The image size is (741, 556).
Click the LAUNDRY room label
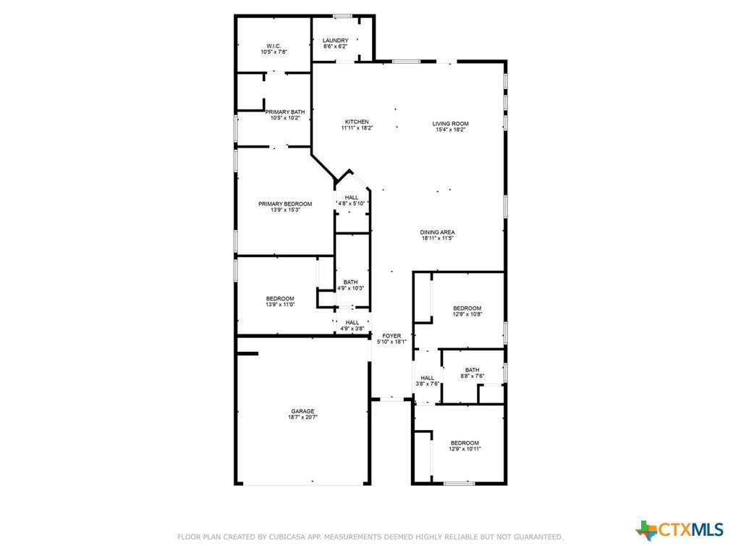(x=336, y=41)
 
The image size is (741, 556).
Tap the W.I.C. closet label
(x=274, y=46)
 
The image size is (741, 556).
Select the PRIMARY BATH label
(x=285, y=112)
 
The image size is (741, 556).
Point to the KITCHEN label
(x=357, y=122)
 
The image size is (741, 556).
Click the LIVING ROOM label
(x=450, y=124)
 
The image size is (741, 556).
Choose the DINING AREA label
(x=438, y=232)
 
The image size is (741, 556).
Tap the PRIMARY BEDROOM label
(x=285, y=204)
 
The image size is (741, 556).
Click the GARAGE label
(x=302, y=411)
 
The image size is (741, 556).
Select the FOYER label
(x=391, y=336)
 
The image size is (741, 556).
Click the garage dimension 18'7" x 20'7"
(x=302, y=418)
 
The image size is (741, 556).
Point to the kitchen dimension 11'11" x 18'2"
(x=357, y=127)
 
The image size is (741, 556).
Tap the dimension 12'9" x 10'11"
(x=465, y=449)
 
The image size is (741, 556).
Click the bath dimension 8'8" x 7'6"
(x=472, y=376)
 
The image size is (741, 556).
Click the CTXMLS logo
(x=679, y=530)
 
